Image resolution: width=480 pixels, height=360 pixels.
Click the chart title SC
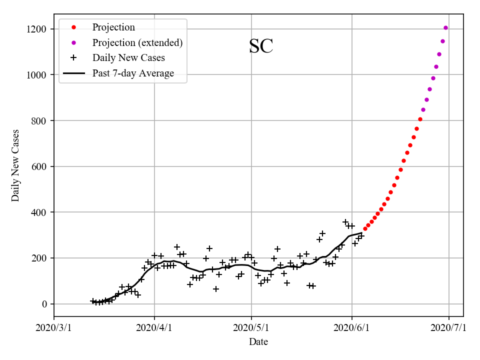click(261, 46)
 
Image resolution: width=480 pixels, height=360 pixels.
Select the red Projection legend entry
click(113, 27)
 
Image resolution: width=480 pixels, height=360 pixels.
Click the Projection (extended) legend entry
click(137, 43)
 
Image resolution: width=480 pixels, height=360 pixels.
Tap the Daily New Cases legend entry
click(128, 58)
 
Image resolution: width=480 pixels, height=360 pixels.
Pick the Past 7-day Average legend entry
click(133, 73)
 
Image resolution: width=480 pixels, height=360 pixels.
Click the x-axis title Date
click(258, 342)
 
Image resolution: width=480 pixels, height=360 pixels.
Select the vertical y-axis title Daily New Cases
click(15, 165)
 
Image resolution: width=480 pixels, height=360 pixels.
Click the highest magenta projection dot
click(445, 28)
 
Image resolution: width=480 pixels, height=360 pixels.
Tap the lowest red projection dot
click(365, 228)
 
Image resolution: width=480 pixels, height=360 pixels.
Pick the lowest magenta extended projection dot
click(423, 109)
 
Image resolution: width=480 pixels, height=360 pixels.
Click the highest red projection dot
click(420, 119)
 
